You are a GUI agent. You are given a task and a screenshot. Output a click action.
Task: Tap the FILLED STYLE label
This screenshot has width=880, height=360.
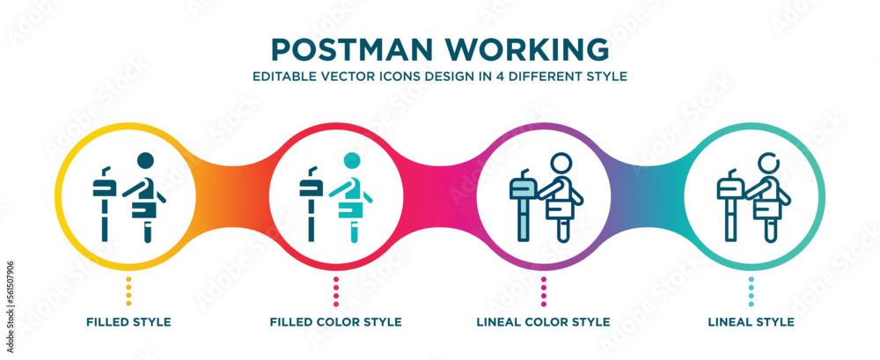tap(128, 322)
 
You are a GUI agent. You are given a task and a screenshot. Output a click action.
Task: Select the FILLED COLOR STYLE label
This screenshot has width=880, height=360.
tap(336, 322)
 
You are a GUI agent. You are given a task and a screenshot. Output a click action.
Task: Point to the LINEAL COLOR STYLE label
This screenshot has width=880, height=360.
tap(544, 322)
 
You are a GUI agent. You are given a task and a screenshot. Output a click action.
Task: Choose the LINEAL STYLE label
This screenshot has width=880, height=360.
tap(752, 322)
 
